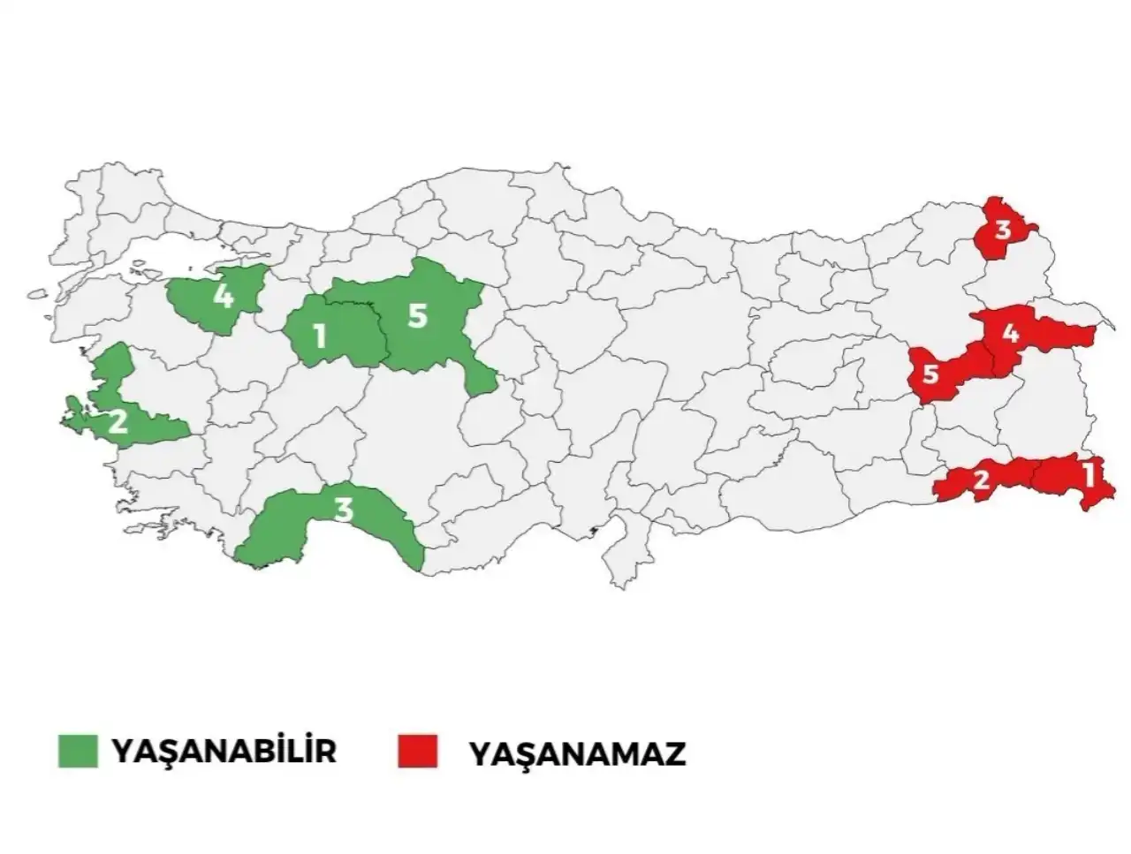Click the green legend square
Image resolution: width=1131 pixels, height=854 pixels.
pyautogui.click(x=78, y=751)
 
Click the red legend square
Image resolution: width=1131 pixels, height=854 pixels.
pyautogui.click(x=417, y=752)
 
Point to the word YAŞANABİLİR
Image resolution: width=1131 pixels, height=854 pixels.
pyautogui.click(x=224, y=751)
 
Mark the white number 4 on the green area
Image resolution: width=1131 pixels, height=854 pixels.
pyautogui.click(x=224, y=295)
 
